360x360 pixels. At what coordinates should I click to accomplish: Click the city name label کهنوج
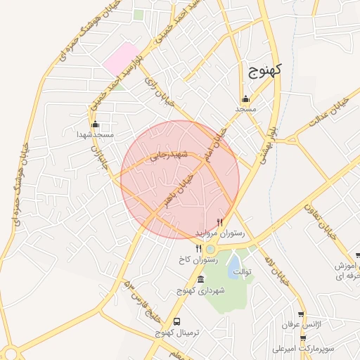coord(264,69)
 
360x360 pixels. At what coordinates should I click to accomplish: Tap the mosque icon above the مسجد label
coord(245,98)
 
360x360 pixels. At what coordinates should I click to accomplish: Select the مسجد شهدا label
coord(96,134)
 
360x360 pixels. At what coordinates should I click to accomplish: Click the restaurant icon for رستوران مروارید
coord(220,221)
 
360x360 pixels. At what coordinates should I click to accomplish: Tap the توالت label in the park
coord(241,271)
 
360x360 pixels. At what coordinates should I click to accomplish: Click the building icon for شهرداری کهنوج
coord(201,279)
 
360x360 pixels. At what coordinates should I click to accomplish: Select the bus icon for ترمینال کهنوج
coord(176,321)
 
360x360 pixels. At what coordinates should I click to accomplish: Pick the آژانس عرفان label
coord(296,325)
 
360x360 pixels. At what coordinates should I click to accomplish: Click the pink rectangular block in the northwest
coord(120,58)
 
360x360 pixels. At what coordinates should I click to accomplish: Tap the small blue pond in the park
coord(233,263)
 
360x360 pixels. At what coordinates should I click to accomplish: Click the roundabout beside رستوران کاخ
coord(210,248)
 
